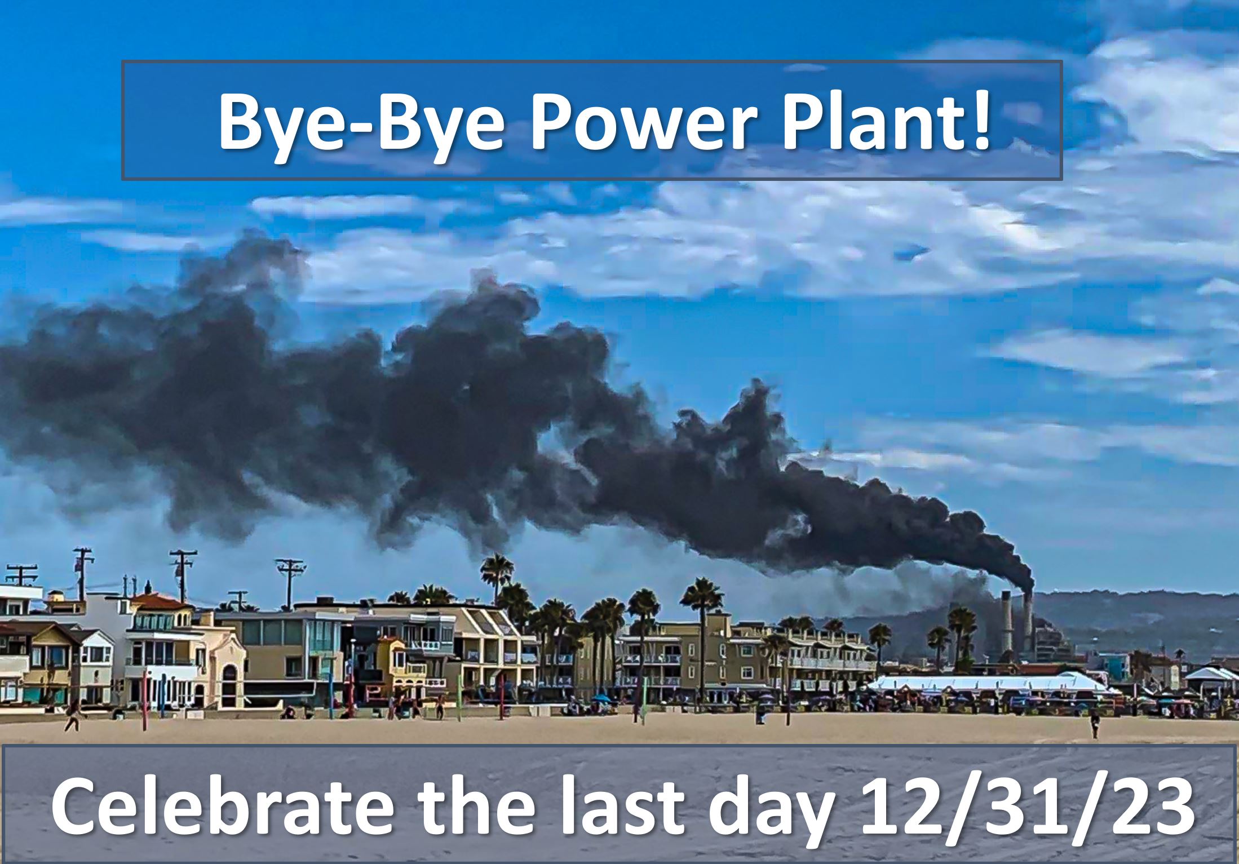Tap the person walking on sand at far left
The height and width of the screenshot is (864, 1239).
(73, 715)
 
